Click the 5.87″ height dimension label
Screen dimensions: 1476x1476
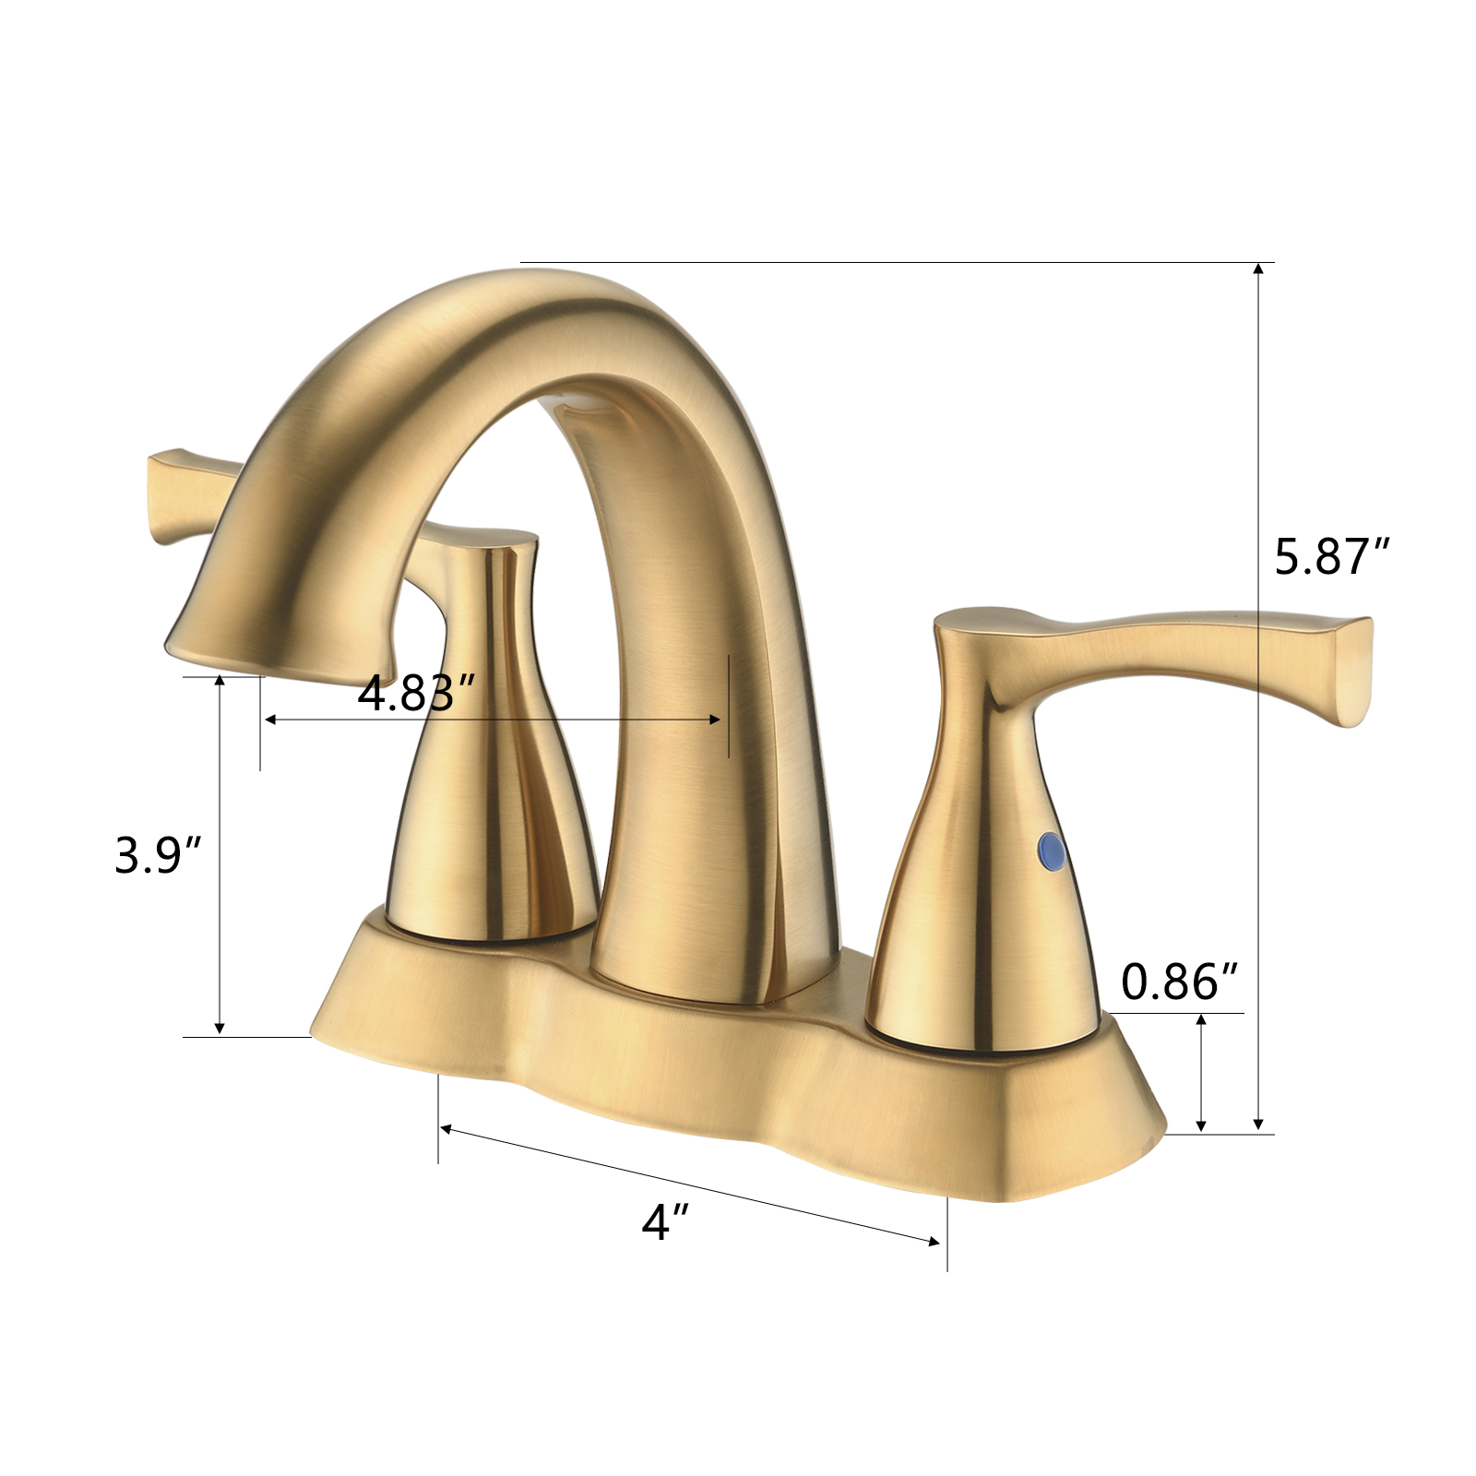[x=1331, y=557]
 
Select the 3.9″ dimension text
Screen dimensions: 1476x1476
[x=158, y=855]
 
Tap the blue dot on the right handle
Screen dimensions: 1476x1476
[x=1050, y=850]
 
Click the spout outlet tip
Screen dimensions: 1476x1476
[x=277, y=651]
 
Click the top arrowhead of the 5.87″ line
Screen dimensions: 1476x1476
[x=1258, y=269]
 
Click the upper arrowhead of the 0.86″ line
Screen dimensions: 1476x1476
[x=1200, y=1020]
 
